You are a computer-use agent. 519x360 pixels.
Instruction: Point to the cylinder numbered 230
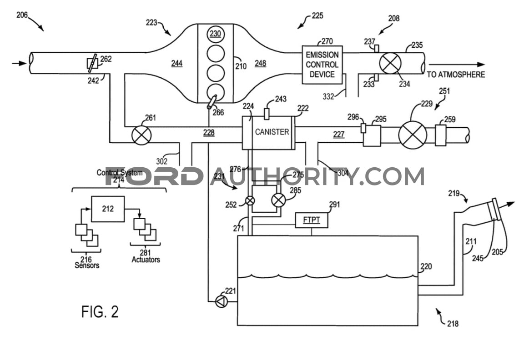pos(216,34)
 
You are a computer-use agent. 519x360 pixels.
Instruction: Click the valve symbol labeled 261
pos(141,135)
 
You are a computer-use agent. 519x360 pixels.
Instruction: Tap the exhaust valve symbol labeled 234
pos(390,63)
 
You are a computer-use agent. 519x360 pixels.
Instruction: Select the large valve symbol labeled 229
pos(413,135)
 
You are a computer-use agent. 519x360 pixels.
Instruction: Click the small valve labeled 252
pos(250,200)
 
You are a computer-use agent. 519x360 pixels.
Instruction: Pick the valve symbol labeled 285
pos(278,200)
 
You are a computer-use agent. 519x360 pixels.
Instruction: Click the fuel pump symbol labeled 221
pos(222,301)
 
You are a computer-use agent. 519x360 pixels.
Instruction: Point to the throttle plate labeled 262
pos(92,63)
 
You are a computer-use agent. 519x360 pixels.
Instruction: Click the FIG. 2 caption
pos(100,312)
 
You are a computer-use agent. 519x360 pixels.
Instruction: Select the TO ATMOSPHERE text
pos(456,75)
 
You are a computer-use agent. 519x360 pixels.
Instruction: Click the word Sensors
pos(87,265)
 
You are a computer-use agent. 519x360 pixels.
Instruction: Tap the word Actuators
pos(146,260)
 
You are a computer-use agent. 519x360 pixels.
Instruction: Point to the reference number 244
pos(177,63)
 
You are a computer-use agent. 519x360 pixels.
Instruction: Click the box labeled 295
pos(372,135)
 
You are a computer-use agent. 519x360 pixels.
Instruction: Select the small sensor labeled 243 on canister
pos(267,114)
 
